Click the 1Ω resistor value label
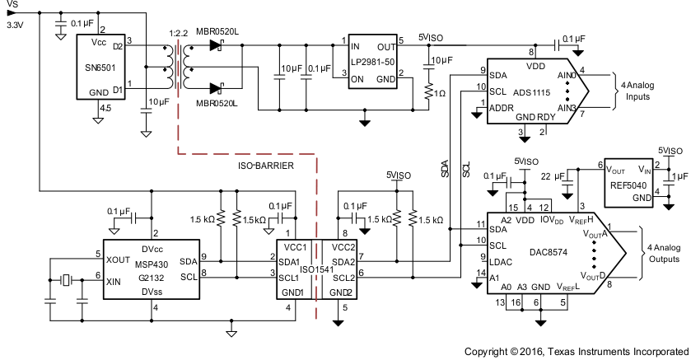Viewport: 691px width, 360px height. point(440,91)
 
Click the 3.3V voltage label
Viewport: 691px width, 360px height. point(15,26)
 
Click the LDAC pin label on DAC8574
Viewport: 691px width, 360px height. point(501,261)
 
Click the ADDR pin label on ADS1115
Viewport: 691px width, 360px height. point(500,107)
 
